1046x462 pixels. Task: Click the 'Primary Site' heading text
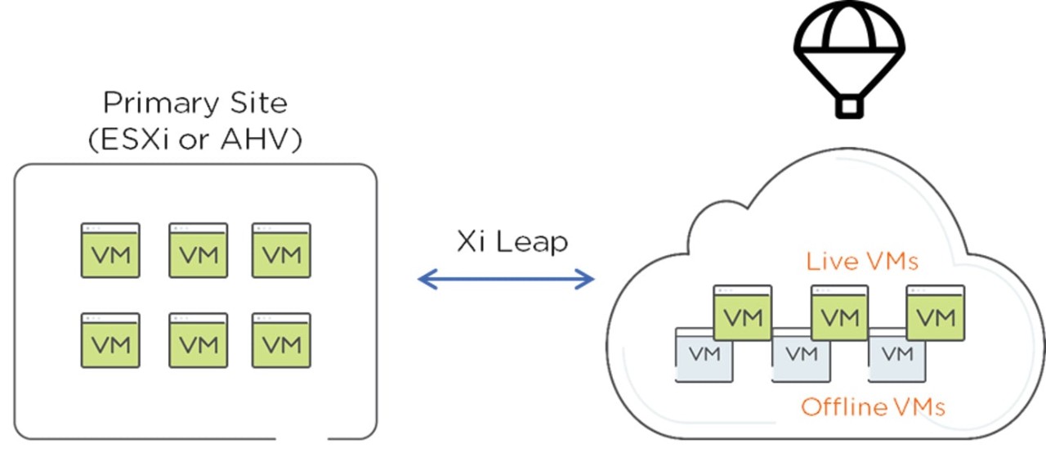[194, 104]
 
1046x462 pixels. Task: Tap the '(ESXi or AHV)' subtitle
[194, 140]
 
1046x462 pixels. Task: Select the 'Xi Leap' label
[512, 242]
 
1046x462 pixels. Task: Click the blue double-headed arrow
[506, 280]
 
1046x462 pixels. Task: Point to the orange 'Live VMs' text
[862, 262]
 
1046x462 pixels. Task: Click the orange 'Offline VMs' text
[873, 406]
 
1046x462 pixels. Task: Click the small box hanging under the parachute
[849, 106]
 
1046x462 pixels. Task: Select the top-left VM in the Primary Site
[110, 250]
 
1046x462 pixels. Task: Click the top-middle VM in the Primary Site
[199, 250]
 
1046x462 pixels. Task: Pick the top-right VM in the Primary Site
[281, 250]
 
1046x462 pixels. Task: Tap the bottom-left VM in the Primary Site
[110, 340]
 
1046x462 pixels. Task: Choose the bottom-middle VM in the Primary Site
[199, 340]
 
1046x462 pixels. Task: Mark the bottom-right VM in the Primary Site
[281, 340]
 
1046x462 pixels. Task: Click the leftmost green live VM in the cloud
[743, 313]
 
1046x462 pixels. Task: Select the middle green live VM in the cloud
[839, 313]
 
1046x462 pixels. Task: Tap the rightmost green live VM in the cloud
[936, 313]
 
